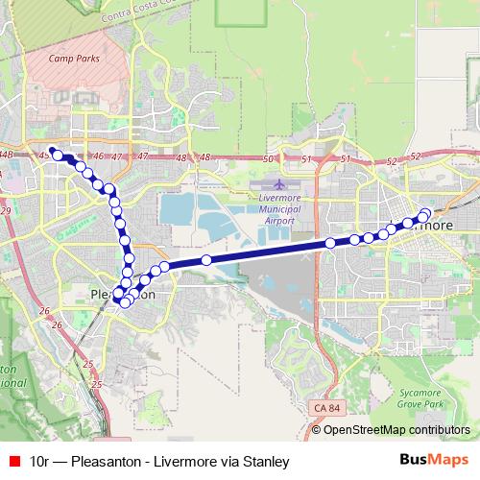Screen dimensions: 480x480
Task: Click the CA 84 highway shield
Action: click(x=326, y=408)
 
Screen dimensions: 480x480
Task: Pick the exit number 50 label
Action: click(x=268, y=158)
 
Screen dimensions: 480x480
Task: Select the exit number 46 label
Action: click(x=97, y=156)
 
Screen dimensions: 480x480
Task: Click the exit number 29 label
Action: click(x=5, y=210)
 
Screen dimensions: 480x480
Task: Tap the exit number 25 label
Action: click(x=88, y=365)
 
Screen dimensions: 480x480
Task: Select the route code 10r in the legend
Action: click(x=40, y=462)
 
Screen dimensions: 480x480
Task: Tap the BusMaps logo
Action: click(x=432, y=461)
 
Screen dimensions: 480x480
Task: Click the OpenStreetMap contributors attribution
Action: click(x=396, y=430)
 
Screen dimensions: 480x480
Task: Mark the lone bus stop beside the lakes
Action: click(x=206, y=260)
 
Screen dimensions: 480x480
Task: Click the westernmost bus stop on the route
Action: click(x=58, y=155)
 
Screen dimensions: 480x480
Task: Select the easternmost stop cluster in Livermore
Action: click(x=423, y=215)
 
